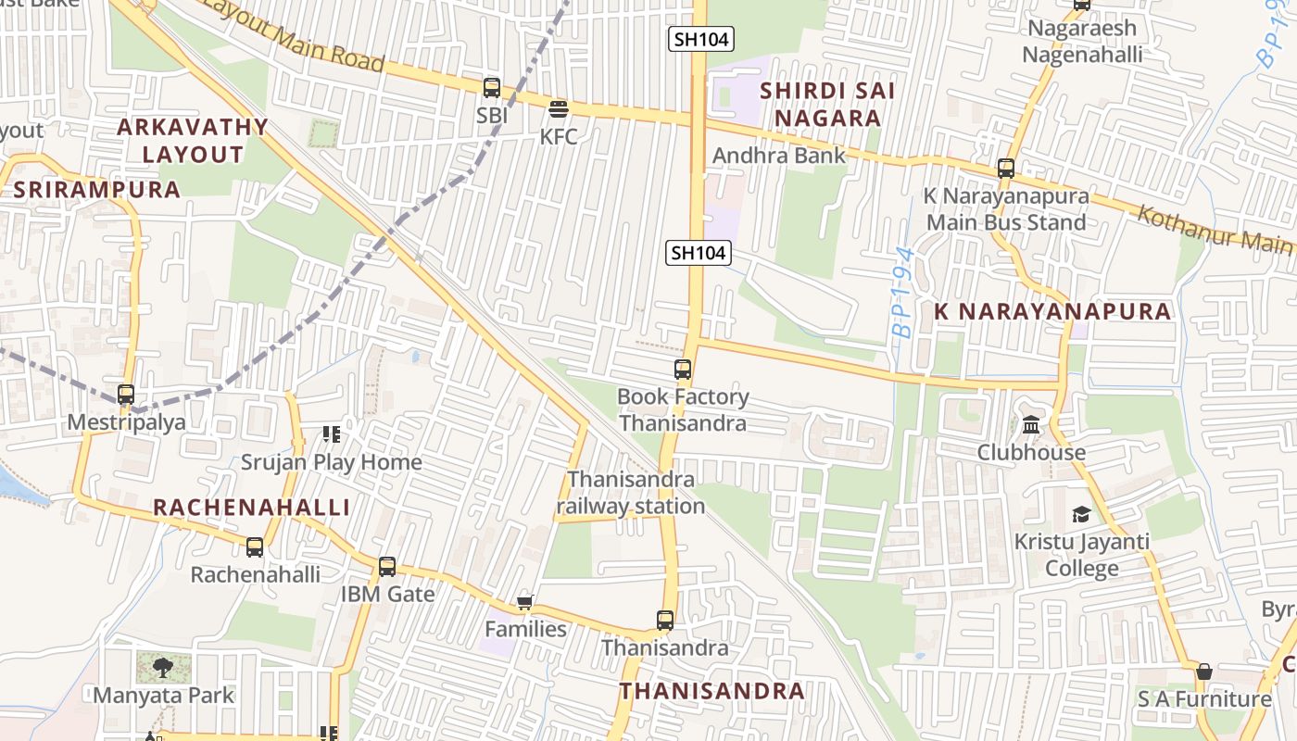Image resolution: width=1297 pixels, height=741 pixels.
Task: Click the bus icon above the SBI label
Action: coord(492,88)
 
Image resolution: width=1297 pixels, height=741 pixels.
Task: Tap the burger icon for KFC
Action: coord(558,109)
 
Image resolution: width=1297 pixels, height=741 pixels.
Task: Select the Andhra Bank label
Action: coord(778,156)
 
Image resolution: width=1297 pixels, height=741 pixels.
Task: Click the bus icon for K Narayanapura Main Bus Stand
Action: coord(1006,169)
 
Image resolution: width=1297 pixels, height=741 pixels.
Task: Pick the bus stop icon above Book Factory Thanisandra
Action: coord(683,369)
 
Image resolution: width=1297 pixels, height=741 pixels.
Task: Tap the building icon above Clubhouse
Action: coord(1031,425)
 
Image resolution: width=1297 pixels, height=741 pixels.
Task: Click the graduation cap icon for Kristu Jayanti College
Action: coord(1081,514)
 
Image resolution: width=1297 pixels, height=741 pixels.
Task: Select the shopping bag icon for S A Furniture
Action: coord(1203,672)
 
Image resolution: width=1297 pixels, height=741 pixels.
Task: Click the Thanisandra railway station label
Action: coord(631,493)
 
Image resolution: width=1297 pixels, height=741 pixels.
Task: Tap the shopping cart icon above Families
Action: coord(525,603)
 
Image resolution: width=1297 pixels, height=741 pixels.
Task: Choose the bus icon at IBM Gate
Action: coord(387,566)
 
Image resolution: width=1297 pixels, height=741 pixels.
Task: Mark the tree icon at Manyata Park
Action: coord(164,666)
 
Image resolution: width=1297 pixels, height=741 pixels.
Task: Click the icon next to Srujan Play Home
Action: coord(331,433)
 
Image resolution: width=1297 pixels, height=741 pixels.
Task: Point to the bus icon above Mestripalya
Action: coord(126,394)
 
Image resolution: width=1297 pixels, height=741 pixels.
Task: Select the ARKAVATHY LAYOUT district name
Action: coord(193,141)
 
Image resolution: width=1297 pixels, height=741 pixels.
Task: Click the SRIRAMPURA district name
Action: coord(97,190)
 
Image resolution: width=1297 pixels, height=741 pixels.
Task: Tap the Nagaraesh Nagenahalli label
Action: coord(1082,42)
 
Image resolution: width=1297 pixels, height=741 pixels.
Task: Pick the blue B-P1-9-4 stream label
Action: coord(902,292)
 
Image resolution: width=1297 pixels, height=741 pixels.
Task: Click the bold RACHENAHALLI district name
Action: coord(252,508)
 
